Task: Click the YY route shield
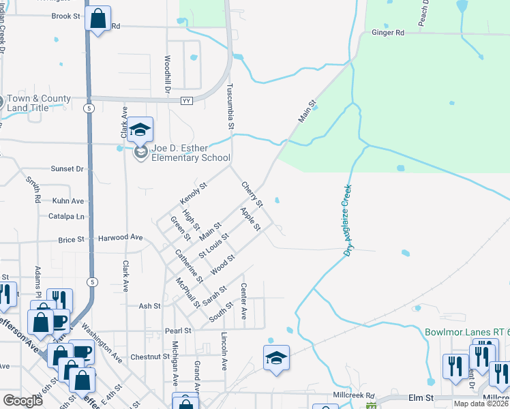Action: click(186, 101)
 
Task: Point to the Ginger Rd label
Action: click(388, 32)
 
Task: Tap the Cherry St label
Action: click(252, 194)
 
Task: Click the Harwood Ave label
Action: click(120, 238)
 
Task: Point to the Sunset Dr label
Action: click(67, 168)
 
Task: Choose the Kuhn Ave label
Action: click(67, 201)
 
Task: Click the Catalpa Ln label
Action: click(71, 217)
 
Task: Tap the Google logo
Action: click(23, 401)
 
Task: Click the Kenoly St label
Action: click(193, 194)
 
